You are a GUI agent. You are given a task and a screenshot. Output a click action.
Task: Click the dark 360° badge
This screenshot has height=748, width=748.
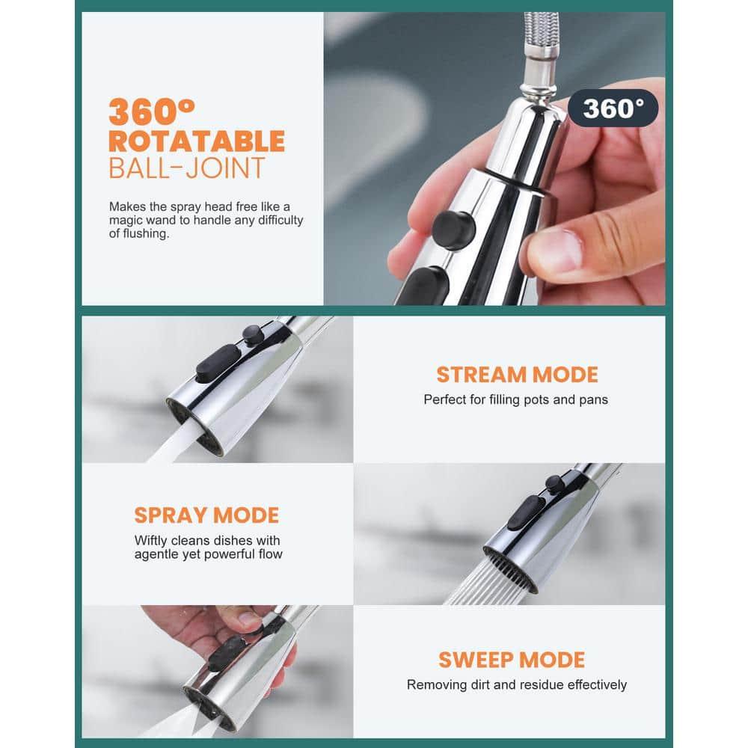click(x=613, y=108)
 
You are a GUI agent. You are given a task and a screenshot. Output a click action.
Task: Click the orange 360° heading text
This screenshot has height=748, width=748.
click(x=152, y=111)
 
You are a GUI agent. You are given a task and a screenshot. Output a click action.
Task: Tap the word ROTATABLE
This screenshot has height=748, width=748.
click(x=197, y=141)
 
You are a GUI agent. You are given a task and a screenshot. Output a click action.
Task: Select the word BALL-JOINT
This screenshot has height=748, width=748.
click(x=186, y=168)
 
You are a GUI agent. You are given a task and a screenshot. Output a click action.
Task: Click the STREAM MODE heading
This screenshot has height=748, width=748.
click(x=517, y=375)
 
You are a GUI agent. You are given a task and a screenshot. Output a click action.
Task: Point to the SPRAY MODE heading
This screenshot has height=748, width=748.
click(x=206, y=515)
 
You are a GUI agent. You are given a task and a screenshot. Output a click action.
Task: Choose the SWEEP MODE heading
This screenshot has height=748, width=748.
click(x=512, y=660)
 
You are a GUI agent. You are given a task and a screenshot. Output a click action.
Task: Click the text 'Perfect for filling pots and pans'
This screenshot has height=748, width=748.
click(x=515, y=399)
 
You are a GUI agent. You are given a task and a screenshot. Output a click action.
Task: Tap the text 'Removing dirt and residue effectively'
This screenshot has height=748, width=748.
click(x=517, y=685)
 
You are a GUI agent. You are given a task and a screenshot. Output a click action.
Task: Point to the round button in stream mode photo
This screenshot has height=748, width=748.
click(x=253, y=334)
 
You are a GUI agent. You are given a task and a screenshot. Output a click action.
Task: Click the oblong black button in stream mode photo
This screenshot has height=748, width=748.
click(x=218, y=364)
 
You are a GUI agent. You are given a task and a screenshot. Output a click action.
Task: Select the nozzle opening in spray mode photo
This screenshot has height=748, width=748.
click(x=510, y=570)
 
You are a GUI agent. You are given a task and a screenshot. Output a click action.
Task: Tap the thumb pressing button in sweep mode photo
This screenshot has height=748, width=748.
click(x=248, y=620)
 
